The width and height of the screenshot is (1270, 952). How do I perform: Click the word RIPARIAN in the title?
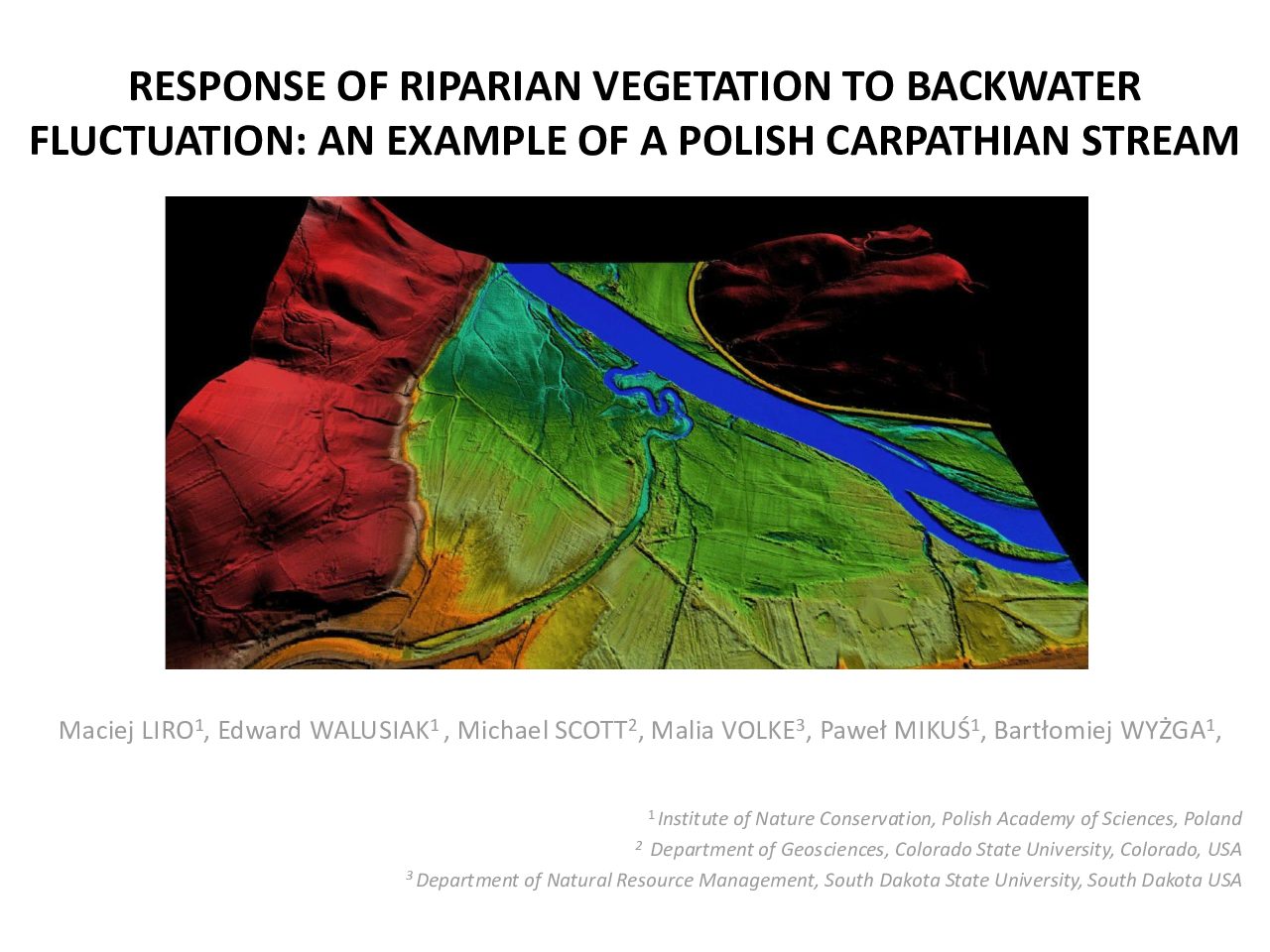click(x=489, y=86)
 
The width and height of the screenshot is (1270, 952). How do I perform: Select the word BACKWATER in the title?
click(x=1024, y=86)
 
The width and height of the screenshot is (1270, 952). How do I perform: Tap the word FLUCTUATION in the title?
click(x=168, y=141)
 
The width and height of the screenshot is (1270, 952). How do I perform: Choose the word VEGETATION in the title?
click(x=714, y=86)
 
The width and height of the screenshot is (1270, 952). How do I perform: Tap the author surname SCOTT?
click(x=590, y=731)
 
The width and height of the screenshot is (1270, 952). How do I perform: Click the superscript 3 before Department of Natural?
click(x=409, y=875)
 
